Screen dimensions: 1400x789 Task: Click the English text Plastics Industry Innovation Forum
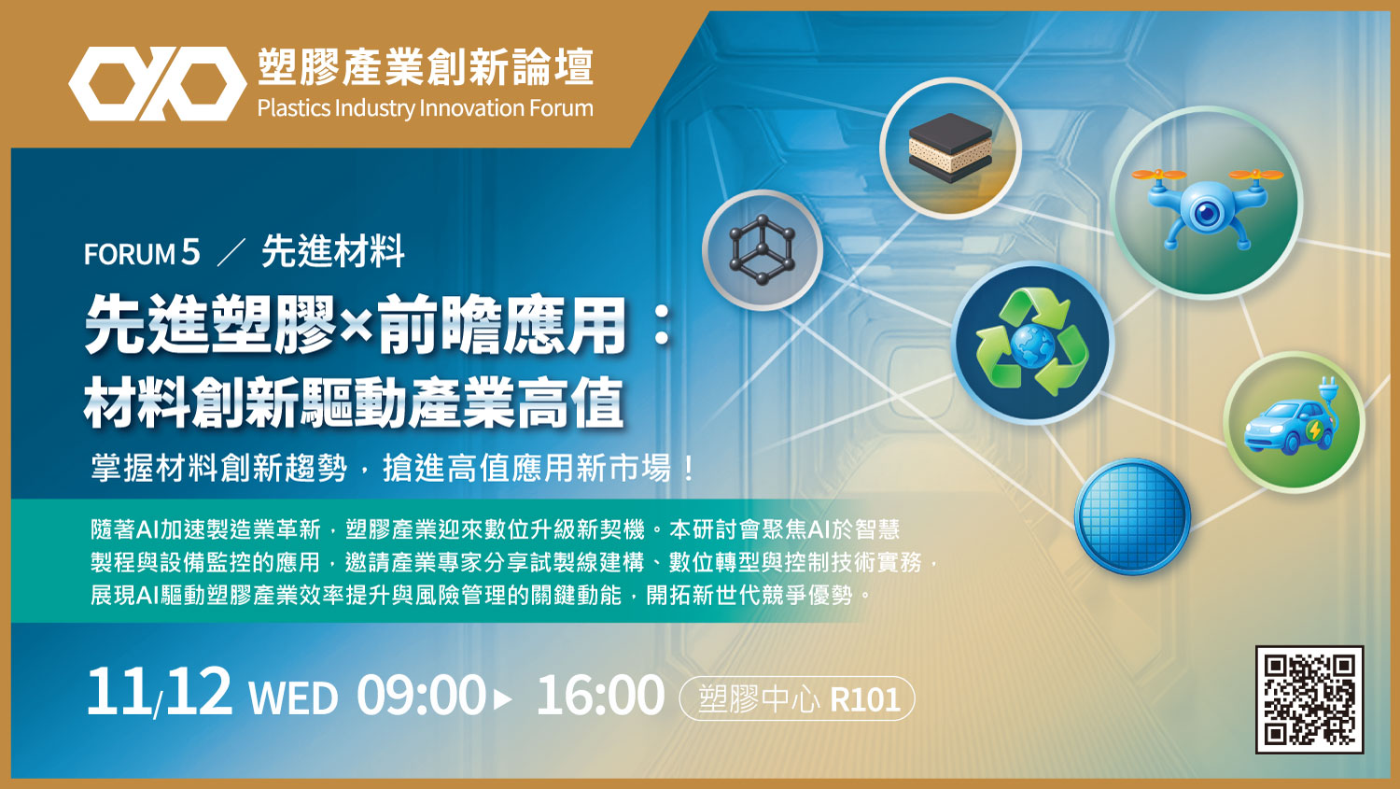pos(425,108)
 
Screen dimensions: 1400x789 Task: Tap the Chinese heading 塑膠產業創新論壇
pos(425,67)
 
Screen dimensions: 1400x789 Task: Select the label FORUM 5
pos(142,253)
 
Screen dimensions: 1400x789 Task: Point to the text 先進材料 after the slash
pos(333,251)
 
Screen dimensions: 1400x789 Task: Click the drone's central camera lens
pos(1207,213)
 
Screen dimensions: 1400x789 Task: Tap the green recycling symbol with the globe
pos(1032,343)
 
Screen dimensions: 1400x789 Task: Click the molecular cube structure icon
pos(762,249)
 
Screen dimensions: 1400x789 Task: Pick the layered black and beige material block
pos(950,148)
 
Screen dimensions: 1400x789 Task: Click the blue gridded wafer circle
pos(1132,516)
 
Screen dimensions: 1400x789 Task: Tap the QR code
pos(1309,699)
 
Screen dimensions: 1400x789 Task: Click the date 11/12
pos(160,692)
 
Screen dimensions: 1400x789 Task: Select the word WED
pos(293,698)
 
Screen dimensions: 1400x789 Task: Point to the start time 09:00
pos(421,695)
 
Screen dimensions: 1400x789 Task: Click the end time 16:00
pos(600,695)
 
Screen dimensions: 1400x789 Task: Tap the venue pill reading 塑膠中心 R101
pos(797,698)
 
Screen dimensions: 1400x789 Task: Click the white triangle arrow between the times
pos(502,699)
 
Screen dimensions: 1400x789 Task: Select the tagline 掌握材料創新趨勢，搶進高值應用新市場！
pos(393,468)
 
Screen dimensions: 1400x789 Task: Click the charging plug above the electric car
pos(1327,394)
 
